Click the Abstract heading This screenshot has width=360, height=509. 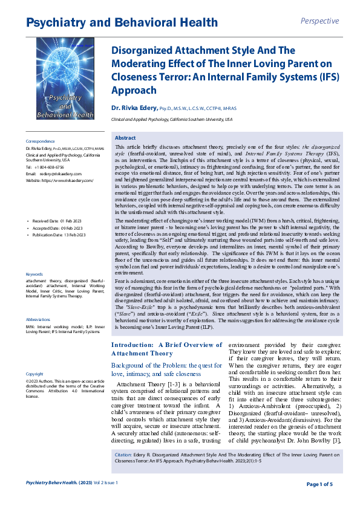coord(125,138)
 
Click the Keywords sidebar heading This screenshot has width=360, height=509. coord(34,274)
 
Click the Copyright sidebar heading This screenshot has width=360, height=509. coord(34,374)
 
